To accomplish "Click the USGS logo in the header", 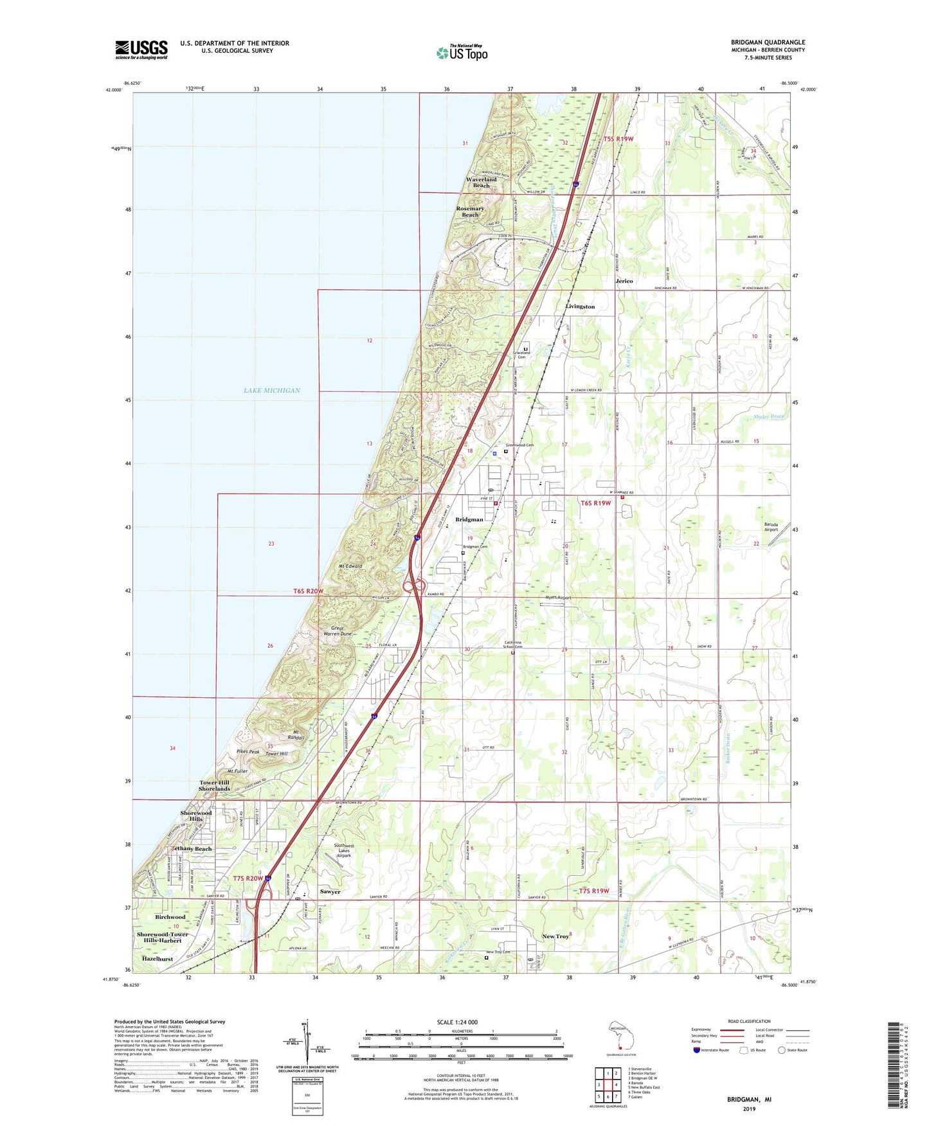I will (141, 49).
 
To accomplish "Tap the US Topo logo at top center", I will (462, 53).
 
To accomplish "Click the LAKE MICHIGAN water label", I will (272, 390).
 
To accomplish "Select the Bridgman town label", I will (469, 519).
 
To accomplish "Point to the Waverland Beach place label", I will (481, 183).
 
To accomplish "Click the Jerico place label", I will (624, 281).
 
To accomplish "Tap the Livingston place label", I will (580, 307).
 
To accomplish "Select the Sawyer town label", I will (330, 892).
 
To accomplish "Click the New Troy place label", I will (555, 936).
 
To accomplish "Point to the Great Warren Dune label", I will (341, 631).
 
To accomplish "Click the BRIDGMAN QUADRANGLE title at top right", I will (768, 42).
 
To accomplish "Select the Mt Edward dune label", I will (350, 566).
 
